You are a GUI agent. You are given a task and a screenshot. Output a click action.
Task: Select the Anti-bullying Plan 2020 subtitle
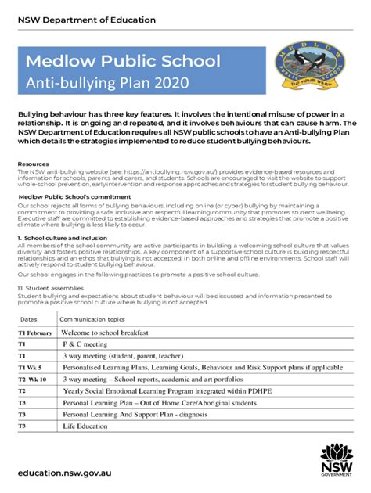[x=99, y=82]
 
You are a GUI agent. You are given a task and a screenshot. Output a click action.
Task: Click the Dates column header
[x=28, y=318]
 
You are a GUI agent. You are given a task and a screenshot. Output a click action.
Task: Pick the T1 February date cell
[x=34, y=333]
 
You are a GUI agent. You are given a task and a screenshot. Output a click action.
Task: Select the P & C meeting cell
[x=85, y=344]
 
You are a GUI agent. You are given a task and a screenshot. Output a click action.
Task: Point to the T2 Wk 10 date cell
[x=33, y=379]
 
